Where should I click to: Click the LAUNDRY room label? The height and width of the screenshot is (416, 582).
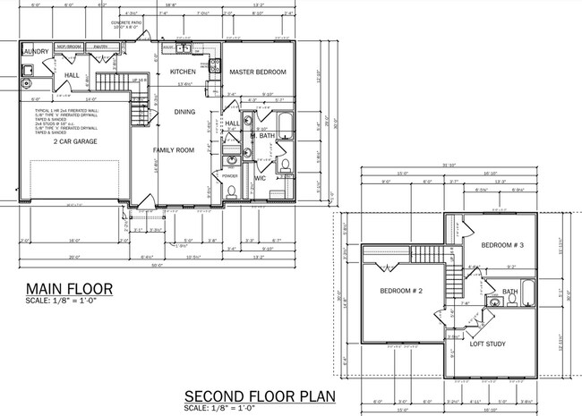pyautogui.click(x=34, y=52)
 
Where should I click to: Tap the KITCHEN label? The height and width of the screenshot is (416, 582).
pyautogui.click(x=183, y=71)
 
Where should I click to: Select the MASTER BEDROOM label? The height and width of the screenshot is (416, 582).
pyautogui.click(x=257, y=71)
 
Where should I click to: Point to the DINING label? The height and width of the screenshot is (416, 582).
pyautogui.click(x=184, y=112)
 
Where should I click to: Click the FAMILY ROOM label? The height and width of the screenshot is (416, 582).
pyautogui.click(x=173, y=150)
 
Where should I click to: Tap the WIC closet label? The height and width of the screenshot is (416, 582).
pyautogui.click(x=260, y=178)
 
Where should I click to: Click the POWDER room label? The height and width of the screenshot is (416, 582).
pyautogui.click(x=229, y=175)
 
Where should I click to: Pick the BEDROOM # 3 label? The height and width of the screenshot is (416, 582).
pyautogui.click(x=502, y=244)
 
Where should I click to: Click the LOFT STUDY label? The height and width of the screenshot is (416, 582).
pyautogui.click(x=487, y=344)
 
